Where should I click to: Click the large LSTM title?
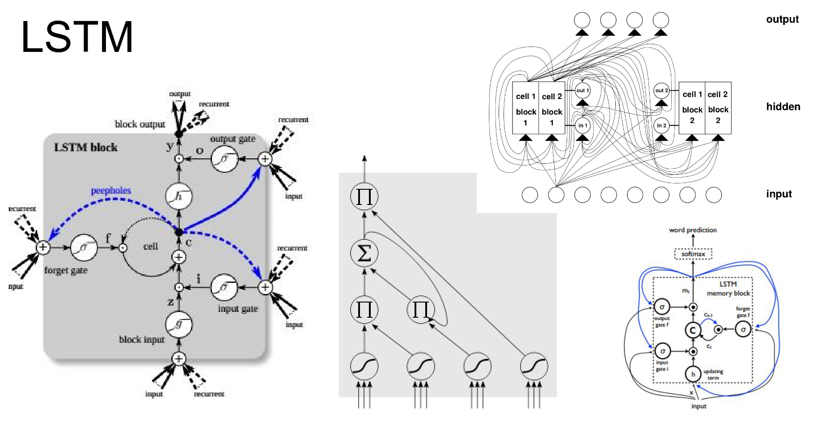77,37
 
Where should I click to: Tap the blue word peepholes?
111,191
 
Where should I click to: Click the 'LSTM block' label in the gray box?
85,148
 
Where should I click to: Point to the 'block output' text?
140,124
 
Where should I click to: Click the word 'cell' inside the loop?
151,246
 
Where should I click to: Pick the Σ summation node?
364,253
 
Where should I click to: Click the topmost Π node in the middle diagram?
364,196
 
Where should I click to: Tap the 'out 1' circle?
582,90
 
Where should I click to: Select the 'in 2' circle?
661,126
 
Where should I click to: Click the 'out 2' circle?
661,90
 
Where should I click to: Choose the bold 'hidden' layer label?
783,107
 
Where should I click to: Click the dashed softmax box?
693,254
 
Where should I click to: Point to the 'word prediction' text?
693,230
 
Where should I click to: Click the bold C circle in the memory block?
693,330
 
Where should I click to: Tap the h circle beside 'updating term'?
693,374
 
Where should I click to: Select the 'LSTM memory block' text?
728,289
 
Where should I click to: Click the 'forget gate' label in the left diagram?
66,270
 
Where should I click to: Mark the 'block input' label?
141,340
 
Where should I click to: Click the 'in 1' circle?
582,126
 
